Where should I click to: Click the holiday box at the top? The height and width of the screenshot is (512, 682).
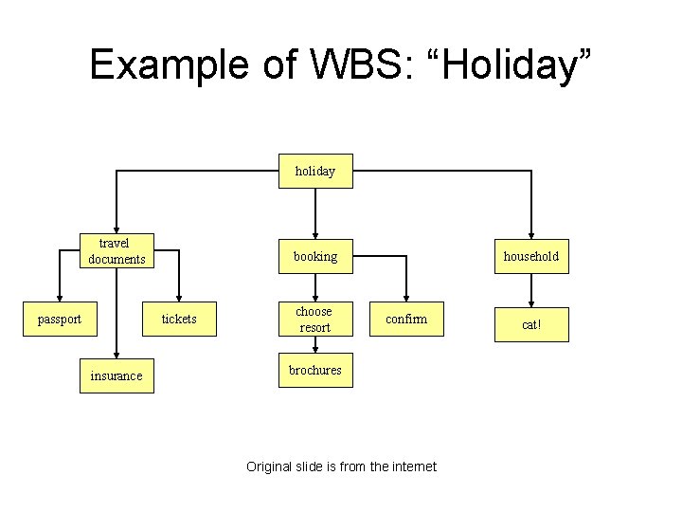314,172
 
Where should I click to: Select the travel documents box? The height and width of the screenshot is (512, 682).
117,252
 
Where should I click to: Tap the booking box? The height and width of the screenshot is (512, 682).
314,256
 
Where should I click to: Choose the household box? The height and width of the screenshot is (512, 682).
531,256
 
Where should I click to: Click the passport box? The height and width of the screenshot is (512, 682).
59,320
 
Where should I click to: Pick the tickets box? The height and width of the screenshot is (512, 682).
179,320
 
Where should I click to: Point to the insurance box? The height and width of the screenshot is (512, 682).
117,376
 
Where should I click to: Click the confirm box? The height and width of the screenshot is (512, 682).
406,320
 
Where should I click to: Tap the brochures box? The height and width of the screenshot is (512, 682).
314,371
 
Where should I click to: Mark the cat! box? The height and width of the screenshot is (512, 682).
531,325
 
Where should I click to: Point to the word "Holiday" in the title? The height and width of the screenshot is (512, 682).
511,64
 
